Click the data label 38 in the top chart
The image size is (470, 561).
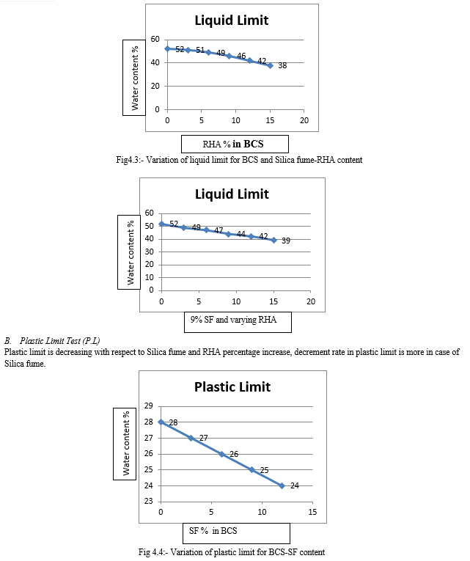point(282,65)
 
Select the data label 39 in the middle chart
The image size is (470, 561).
point(286,241)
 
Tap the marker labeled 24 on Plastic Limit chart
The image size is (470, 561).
point(282,485)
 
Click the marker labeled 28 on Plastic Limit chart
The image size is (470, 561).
point(161,422)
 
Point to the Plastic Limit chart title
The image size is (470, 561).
point(232,387)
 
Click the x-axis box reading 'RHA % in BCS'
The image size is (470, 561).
point(235,144)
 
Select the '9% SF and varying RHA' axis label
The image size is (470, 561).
point(233,320)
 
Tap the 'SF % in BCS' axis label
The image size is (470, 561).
point(213,531)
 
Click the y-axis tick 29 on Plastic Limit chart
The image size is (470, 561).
point(148,406)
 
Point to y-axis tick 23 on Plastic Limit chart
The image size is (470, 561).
point(148,502)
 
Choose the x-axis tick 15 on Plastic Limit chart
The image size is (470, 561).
point(312,512)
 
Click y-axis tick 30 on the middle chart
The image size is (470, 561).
point(149,252)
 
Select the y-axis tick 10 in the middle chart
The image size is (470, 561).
point(149,277)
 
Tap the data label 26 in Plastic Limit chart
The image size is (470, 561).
point(234,454)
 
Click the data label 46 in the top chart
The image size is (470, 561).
point(241,56)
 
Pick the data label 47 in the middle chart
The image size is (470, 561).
point(219,230)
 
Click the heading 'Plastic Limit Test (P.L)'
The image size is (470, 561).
point(59,340)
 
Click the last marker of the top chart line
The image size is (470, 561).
point(270,65)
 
